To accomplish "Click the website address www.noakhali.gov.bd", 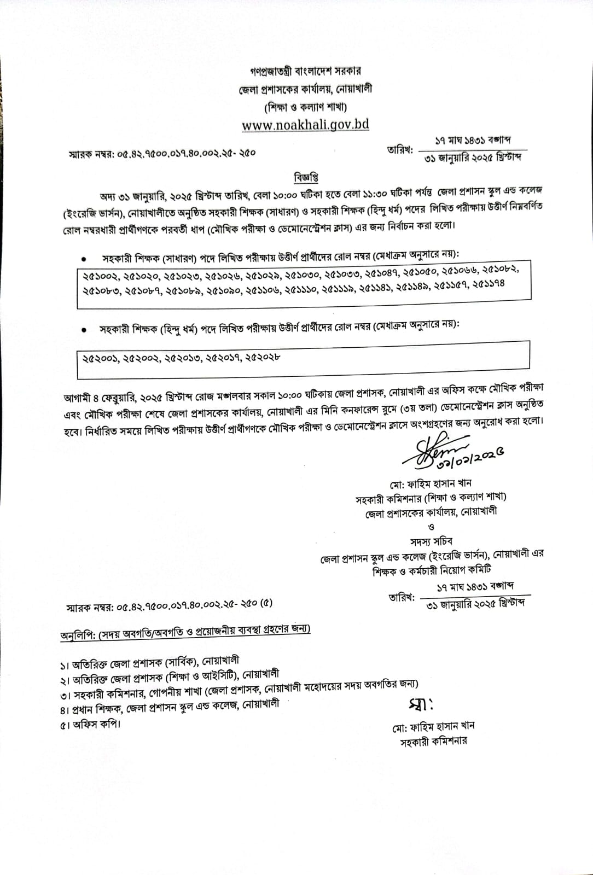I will pos(305,125).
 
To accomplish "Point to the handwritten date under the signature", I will pos(469,458).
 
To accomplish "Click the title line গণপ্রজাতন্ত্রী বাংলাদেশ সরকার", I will pos(305,71).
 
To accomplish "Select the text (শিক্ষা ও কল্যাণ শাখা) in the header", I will pos(305,107).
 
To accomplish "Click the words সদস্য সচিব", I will pos(432,541).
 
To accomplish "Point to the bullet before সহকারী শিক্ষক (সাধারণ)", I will pos(84,257).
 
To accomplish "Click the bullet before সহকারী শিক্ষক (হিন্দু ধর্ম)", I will pos(84,330).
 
